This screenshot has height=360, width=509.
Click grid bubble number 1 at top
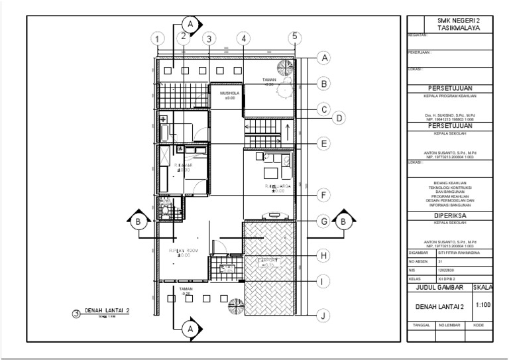point(157,40)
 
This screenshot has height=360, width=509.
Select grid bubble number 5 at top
point(295,37)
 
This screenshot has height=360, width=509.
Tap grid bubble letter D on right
point(338,119)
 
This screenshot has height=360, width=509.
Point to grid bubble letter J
point(323,316)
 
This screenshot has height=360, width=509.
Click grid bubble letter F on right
point(323,196)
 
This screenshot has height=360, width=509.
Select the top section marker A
point(191,24)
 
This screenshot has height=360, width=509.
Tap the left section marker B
point(138,221)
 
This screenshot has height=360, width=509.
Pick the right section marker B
point(343,221)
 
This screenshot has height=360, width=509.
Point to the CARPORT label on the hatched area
point(268,261)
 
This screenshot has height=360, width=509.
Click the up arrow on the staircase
point(287,127)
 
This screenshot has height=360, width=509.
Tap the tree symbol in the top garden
point(285,67)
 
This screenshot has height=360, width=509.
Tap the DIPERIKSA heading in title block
point(449,215)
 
